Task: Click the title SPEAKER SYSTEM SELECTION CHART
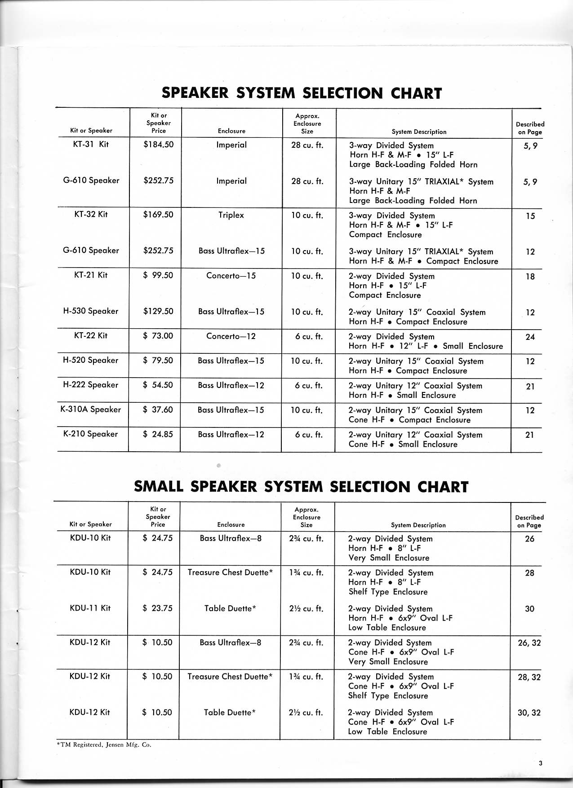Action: pos(302,93)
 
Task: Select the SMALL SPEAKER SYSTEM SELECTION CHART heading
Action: pos(301,487)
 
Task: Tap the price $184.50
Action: pos(158,145)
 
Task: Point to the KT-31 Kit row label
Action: pos(91,145)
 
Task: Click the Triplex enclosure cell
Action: pos(231,215)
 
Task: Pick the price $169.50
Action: pos(158,215)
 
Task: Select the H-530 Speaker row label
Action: pos(91,311)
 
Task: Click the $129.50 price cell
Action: pos(158,311)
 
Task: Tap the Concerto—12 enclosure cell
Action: pos(231,336)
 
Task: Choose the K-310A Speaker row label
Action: pos(91,409)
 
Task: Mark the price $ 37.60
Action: pos(158,409)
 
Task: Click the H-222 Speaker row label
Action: pos(91,385)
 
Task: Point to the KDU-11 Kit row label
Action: pos(90,608)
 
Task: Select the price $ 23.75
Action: pos(158,608)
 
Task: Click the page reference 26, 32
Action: pos(529,643)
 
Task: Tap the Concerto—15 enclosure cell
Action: pos(231,276)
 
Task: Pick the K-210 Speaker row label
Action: pos(91,434)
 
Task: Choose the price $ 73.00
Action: pos(158,336)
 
